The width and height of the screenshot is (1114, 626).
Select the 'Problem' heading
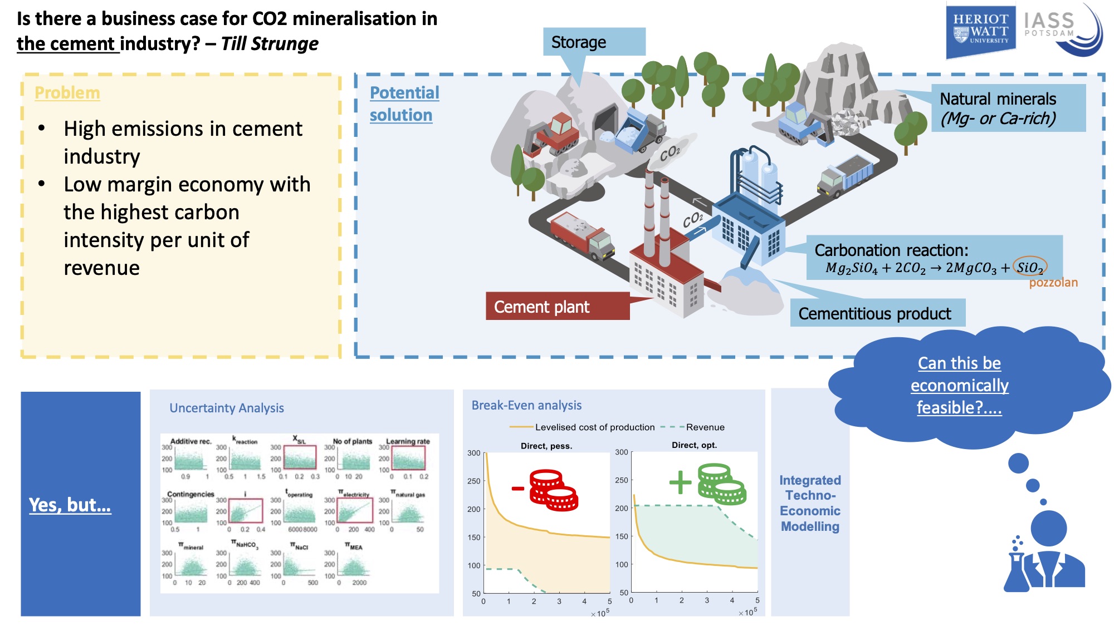pyautogui.click(x=67, y=93)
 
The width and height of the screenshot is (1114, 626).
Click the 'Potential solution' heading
pyautogui.click(x=404, y=103)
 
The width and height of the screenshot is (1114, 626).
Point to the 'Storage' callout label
pyautogui.click(x=593, y=42)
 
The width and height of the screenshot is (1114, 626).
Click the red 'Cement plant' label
pyautogui.click(x=557, y=307)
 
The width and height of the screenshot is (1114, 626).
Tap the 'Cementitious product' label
pyautogui.click(x=877, y=314)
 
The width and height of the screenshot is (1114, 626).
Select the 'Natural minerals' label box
pyautogui.click(x=1008, y=108)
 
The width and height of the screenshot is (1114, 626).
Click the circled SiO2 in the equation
pyautogui.click(x=1029, y=268)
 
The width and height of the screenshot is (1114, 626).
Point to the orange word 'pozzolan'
pyautogui.click(x=1053, y=283)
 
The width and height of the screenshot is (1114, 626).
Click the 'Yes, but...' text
pyautogui.click(x=70, y=505)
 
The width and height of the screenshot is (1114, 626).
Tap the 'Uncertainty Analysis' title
pyautogui.click(x=227, y=408)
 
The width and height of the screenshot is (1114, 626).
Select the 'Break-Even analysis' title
pyautogui.click(x=526, y=405)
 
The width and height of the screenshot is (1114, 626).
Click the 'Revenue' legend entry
pyautogui.click(x=705, y=427)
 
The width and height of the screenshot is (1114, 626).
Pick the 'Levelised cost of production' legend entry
pyautogui.click(x=594, y=427)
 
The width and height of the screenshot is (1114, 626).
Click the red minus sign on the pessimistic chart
pyautogui.click(x=518, y=489)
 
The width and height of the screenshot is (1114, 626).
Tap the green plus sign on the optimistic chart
pyautogui.click(x=680, y=482)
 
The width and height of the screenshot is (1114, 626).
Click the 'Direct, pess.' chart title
pyautogui.click(x=546, y=446)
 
